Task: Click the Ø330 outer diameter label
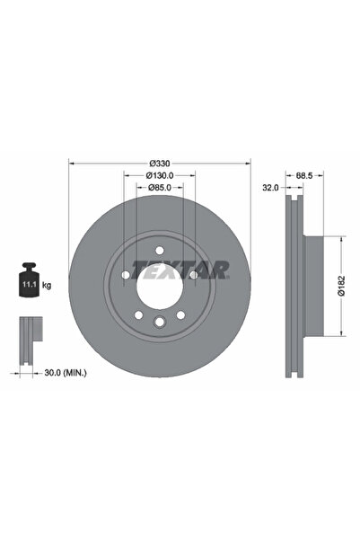tap(160, 163)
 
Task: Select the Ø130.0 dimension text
tap(160, 175)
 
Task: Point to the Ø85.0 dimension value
tap(160, 188)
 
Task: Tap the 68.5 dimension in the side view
tap(304, 175)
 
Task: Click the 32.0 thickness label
tap(270, 188)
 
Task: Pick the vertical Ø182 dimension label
tap(341, 286)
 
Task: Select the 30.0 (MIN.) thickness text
tap(66, 373)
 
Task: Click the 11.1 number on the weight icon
tap(29, 285)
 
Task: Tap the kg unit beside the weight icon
tap(47, 285)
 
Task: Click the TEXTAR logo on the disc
tap(180, 270)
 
